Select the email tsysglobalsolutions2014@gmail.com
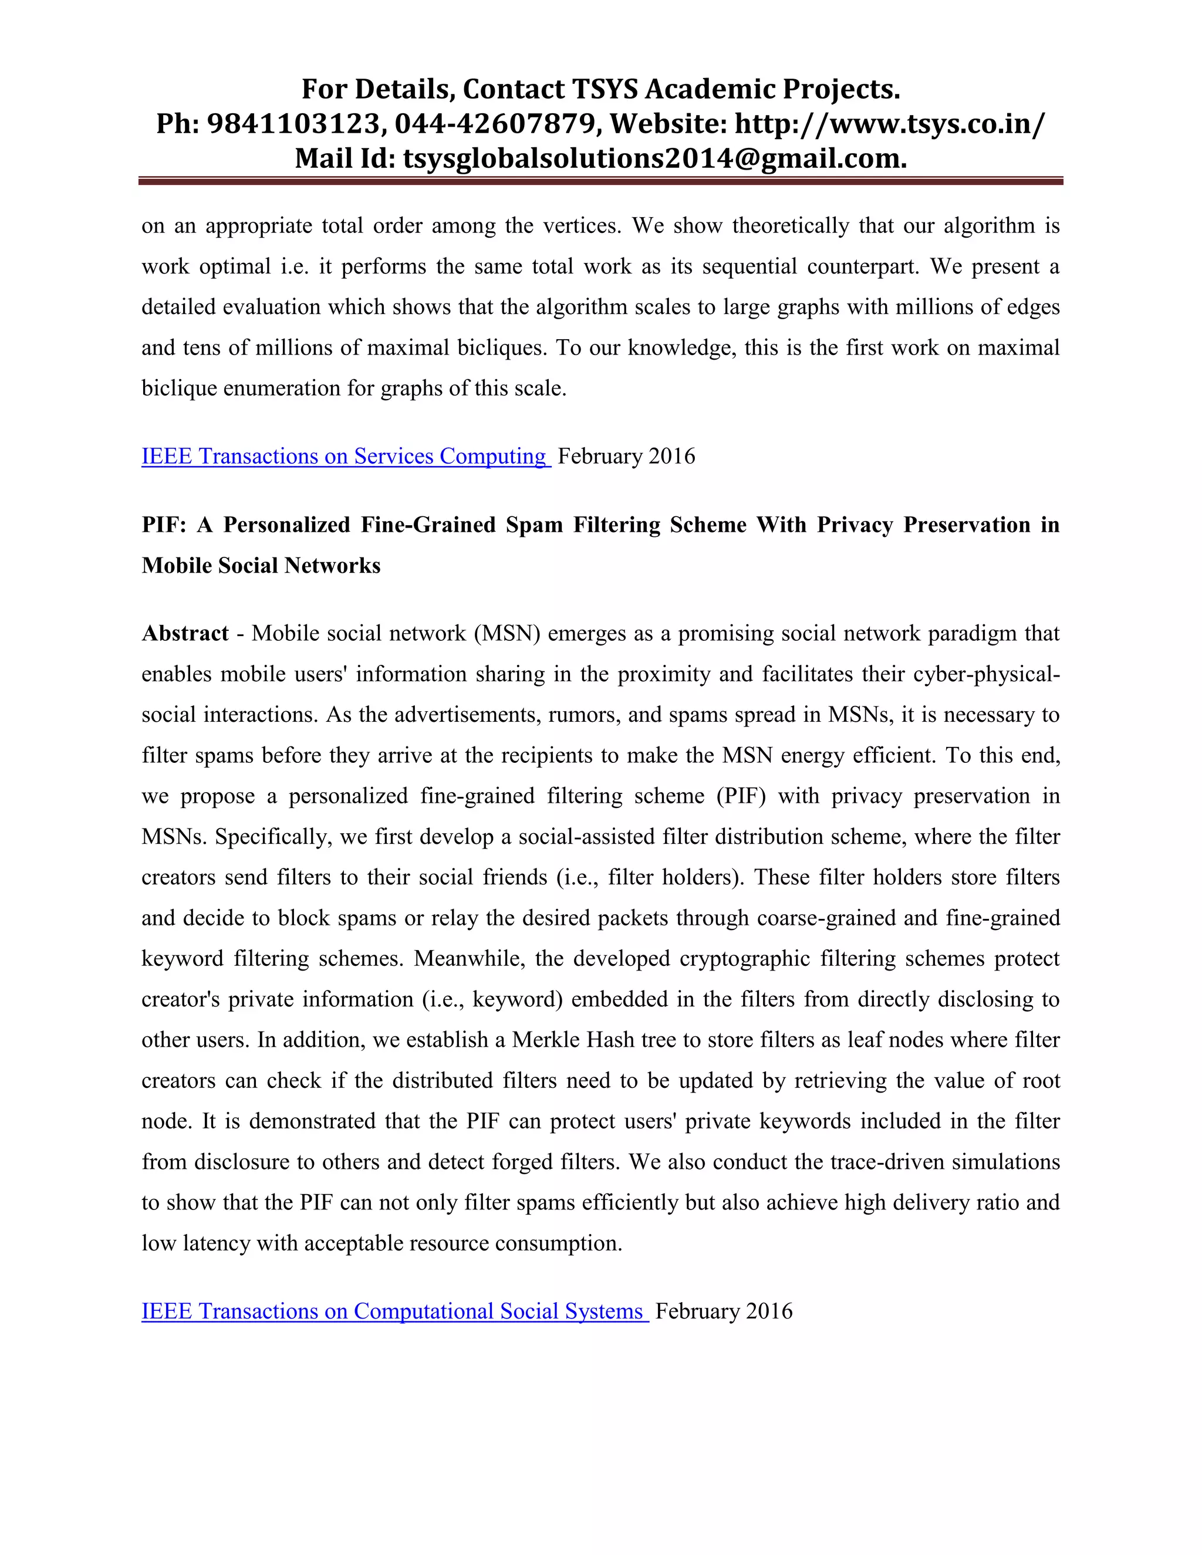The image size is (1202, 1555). click(654, 158)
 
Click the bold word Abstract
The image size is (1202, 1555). click(185, 633)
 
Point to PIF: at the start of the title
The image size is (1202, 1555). click(164, 525)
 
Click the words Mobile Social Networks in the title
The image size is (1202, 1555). click(261, 565)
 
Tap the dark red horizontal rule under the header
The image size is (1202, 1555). click(600, 181)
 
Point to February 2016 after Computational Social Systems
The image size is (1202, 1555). click(724, 1311)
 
